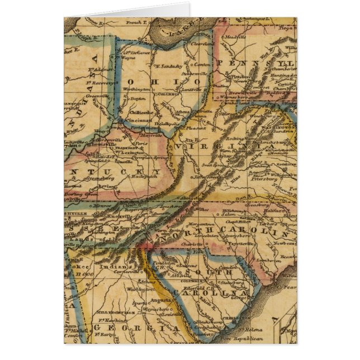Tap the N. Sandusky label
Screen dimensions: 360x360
[x=169, y=66]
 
